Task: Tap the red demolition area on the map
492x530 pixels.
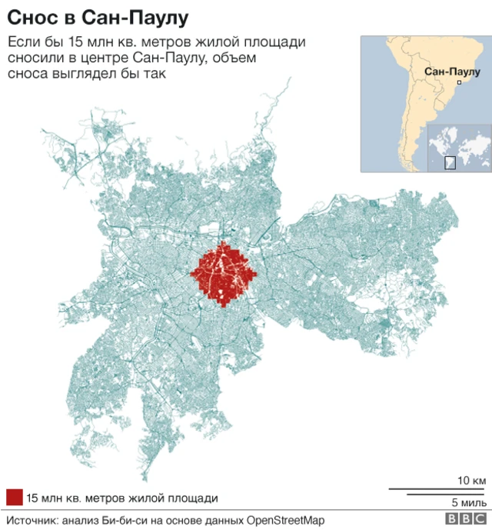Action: pos(224,274)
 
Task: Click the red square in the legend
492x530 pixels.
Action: pos(13,497)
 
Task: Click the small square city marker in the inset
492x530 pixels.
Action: pos(459,82)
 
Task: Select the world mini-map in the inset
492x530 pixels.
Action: pos(458,146)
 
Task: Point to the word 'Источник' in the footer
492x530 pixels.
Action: pos(31,520)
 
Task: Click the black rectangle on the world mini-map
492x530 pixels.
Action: pos(450,162)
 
